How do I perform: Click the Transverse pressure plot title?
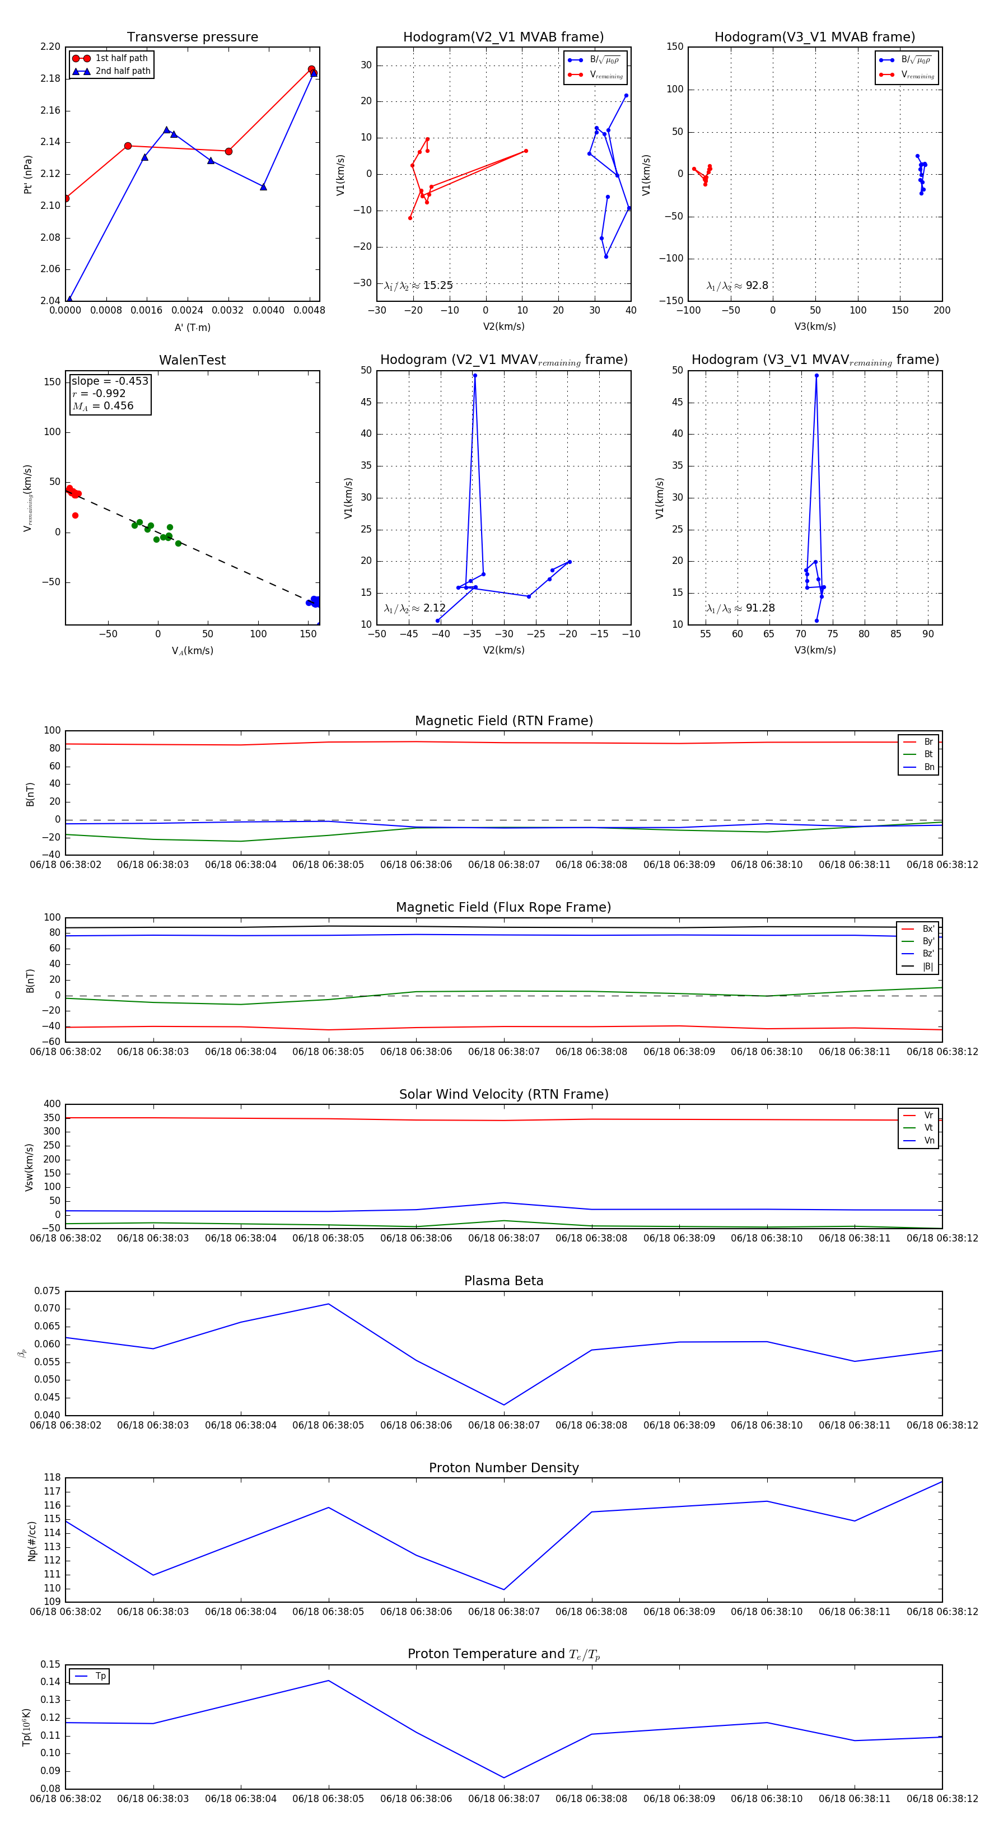(x=192, y=38)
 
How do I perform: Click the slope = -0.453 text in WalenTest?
(x=110, y=381)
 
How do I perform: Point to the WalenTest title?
(x=192, y=360)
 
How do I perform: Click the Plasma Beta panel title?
(x=503, y=1281)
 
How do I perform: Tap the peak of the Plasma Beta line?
(x=329, y=1304)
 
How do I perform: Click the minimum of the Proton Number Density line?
(x=503, y=1589)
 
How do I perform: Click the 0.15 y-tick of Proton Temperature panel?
(x=50, y=1664)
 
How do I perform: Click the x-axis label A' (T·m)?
(x=192, y=327)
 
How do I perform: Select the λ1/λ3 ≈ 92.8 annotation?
(x=737, y=286)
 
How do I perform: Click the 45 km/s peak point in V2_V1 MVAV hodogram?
(x=475, y=375)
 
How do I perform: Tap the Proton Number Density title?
(x=503, y=1467)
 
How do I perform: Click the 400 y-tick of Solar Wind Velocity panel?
(x=52, y=1104)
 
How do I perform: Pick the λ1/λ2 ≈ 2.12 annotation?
(x=414, y=608)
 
